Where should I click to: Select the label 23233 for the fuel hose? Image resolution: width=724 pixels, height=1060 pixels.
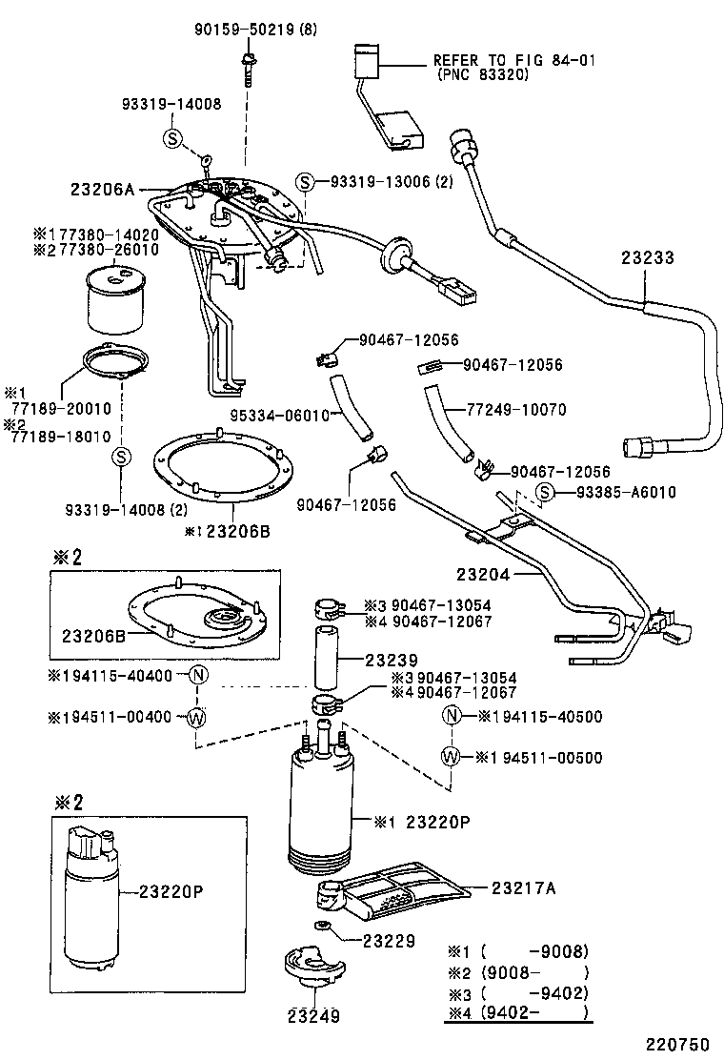point(648,257)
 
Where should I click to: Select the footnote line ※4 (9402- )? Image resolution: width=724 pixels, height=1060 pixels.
point(518,1013)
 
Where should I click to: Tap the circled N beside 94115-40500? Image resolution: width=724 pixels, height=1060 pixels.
point(452,717)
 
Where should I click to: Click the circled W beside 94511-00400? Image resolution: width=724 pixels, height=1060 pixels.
point(196,717)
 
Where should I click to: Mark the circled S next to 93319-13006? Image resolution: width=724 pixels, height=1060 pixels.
point(304,182)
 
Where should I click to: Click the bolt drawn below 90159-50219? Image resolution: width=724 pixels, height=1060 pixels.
point(246,69)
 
